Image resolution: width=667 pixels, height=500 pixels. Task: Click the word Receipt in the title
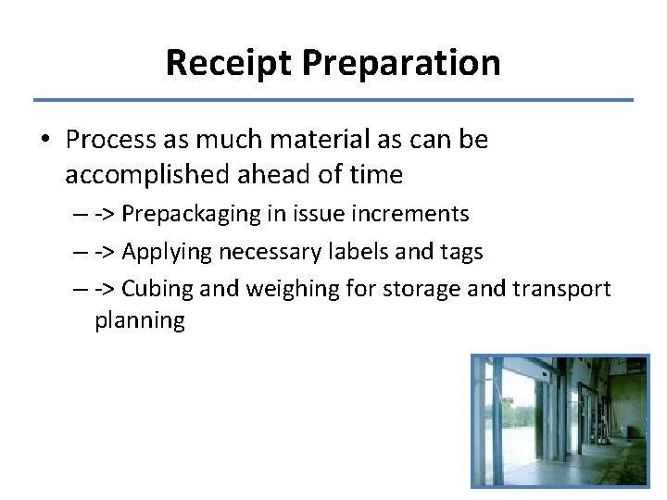point(229,63)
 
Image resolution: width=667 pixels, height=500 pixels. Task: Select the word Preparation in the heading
point(401,63)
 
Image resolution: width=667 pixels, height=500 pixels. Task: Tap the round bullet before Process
point(45,141)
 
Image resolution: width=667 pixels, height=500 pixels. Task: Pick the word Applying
point(167,251)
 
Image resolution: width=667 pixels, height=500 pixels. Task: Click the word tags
point(459,252)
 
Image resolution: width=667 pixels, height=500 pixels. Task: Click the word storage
point(414,289)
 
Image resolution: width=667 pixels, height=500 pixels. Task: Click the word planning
point(139,321)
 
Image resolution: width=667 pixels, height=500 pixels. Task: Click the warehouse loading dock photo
point(560,420)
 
